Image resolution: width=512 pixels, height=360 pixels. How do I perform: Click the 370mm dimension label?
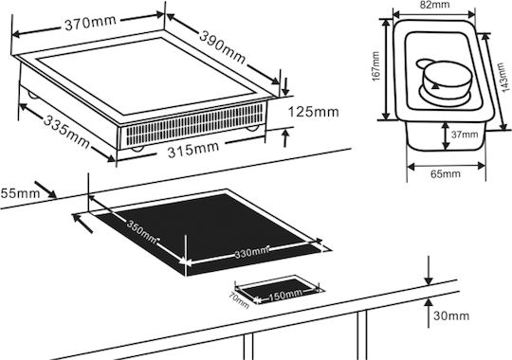tap(90, 22)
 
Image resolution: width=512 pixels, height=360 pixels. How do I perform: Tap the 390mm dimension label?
tap(223, 47)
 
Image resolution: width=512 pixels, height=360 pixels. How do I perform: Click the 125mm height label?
tap(314, 112)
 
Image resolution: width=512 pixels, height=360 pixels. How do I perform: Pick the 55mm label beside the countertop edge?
tap(20, 193)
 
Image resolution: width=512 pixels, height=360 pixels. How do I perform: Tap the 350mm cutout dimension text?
tap(142, 232)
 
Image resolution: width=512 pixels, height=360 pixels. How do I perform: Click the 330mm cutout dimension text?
tap(251, 252)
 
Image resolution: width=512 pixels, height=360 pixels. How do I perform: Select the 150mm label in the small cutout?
tap(285, 295)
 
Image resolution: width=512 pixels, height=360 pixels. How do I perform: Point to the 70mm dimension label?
tap(239, 300)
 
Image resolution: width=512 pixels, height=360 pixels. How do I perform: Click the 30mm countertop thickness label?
tap(451, 315)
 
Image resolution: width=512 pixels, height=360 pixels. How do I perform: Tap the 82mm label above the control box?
tap(434, 4)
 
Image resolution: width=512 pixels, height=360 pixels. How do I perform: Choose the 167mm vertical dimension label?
tap(375, 66)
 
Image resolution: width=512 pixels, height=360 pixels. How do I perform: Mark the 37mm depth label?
tap(465, 135)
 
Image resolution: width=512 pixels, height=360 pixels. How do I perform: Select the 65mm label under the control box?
tap(446, 173)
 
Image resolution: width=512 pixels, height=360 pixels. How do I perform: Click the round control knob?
tap(447, 79)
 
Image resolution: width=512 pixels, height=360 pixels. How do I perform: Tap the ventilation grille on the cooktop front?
tap(195, 124)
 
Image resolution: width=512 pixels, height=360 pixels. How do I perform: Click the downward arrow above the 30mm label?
tap(429, 270)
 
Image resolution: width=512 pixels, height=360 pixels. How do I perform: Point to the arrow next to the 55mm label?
tap(46, 190)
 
